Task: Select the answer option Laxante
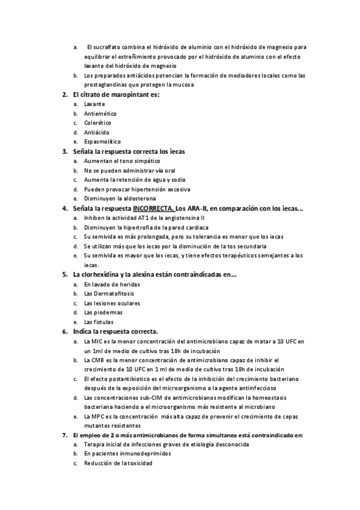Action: pyautogui.click(x=94, y=103)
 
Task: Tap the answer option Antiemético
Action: pyautogui.click(x=100, y=113)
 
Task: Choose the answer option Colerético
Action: pyautogui.click(x=99, y=122)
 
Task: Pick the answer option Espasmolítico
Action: pyautogui.click(x=102, y=141)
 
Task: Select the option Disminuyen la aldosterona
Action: pyautogui.click(x=120, y=198)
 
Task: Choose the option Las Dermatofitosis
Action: pyautogui.click(x=109, y=293)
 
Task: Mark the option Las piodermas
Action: pyautogui.click(x=103, y=312)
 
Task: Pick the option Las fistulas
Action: pyautogui.click(x=100, y=322)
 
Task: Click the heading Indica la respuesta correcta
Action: pyautogui.click(x=115, y=331)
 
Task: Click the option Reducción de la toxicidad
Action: pyautogui.click(x=118, y=464)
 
